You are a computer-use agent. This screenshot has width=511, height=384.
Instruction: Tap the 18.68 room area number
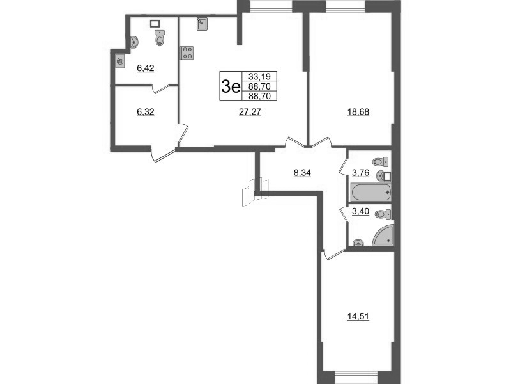coord(358,111)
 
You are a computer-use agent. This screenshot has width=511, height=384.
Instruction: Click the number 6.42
coord(147,65)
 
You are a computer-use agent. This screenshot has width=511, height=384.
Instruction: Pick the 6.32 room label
coord(147,111)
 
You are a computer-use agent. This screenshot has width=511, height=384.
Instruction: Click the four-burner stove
coord(188,52)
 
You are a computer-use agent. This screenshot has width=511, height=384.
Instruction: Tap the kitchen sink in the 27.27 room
coord(201,25)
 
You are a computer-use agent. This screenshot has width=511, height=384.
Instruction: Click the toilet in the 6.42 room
coord(159,40)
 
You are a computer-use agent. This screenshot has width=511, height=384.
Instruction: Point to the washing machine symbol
coord(120,62)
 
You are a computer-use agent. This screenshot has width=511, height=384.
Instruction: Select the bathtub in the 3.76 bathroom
coord(370,191)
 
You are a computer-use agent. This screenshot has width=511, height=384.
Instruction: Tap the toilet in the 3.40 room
coord(383,214)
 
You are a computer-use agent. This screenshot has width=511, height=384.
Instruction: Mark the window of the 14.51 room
coord(353,377)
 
